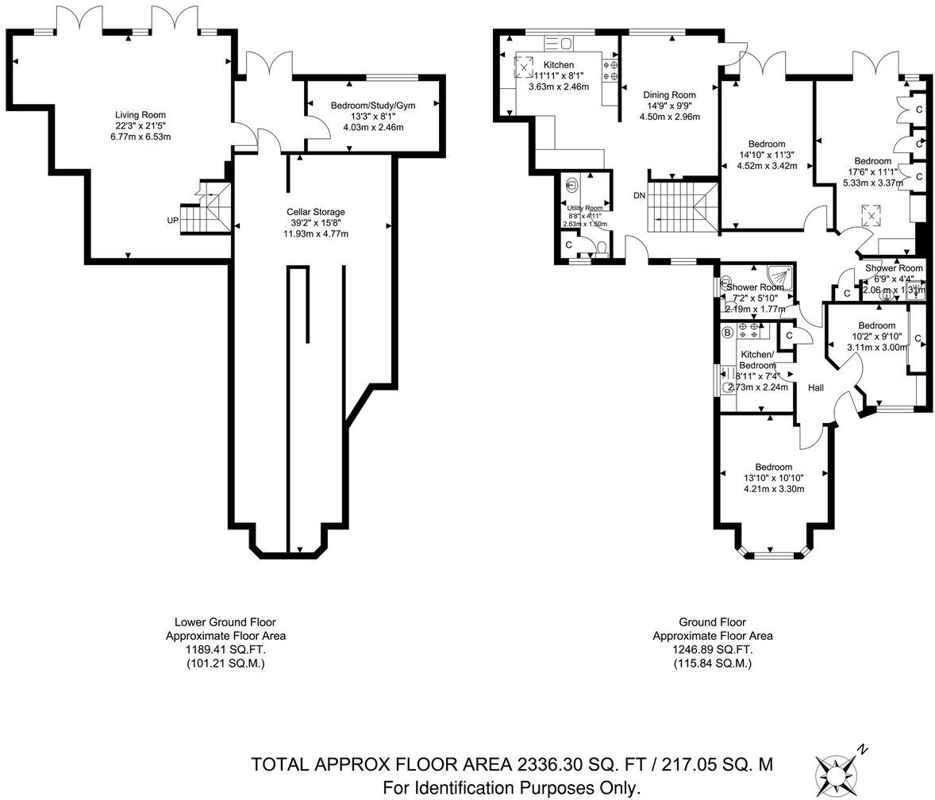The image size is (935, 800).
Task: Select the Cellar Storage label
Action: click(316, 212)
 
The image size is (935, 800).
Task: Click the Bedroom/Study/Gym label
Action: click(372, 106)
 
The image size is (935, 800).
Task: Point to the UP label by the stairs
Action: click(172, 220)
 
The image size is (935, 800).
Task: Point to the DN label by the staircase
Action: click(639, 195)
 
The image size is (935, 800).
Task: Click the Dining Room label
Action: click(668, 94)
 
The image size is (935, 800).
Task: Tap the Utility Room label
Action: click(584, 208)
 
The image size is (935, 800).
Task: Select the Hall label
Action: click(815, 388)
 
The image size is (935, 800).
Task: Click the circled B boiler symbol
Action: click(727, 333)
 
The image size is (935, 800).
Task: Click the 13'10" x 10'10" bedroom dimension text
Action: click(773, 478)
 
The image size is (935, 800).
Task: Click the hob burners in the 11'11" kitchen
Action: click(611, 71)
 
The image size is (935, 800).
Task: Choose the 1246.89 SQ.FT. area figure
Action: click(712, 648)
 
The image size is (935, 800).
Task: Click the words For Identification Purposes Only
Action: click(511, 787)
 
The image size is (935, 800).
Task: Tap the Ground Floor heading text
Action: click(712, 622)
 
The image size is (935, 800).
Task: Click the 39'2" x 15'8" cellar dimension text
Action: click(316, 223)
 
